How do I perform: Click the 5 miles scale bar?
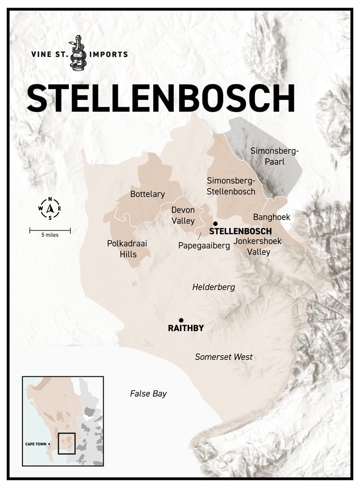[50, 230]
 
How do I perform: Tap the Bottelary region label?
[148, 194]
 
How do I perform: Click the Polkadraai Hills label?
[122, 249]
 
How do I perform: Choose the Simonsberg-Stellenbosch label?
[231, 186]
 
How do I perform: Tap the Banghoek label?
[272, 217]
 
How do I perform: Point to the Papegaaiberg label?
[204, 245]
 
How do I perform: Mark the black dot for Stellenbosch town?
[215, 224]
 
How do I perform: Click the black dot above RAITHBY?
[181, 320]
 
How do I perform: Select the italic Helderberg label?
[213, 287]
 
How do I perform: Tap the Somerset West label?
[224, 357]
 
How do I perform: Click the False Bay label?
[148, 394]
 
